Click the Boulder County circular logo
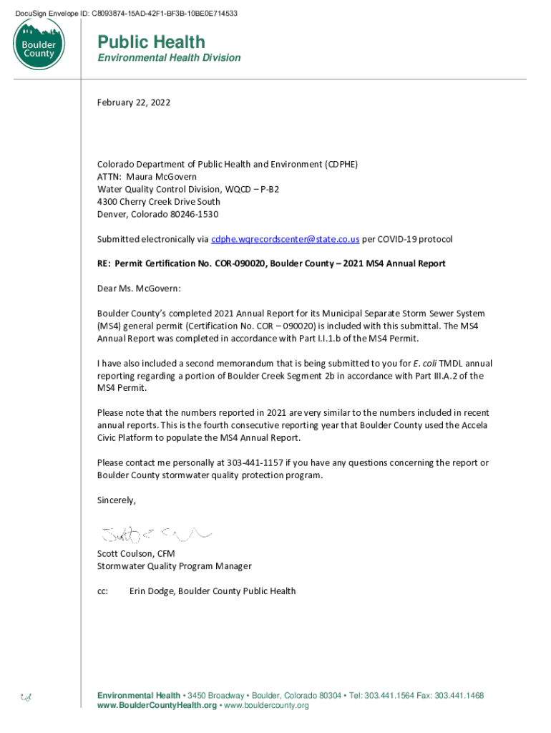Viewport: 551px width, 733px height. [39, 45]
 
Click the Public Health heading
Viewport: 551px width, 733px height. [151, 42]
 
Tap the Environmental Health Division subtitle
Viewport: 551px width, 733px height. [169, 58]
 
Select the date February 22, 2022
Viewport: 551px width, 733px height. [134, 103]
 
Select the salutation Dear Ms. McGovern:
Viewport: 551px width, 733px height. [139, 288]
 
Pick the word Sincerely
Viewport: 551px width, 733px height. [116, 500]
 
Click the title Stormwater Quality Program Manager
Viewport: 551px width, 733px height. [174, 566]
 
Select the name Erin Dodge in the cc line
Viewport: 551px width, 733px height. [152, 591]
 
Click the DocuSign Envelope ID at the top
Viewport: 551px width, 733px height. [131, 14]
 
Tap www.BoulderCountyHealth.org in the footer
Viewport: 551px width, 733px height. [157, 706]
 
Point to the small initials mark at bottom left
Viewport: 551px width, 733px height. [26, 696]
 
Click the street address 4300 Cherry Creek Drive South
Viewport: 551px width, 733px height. [158, 202]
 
